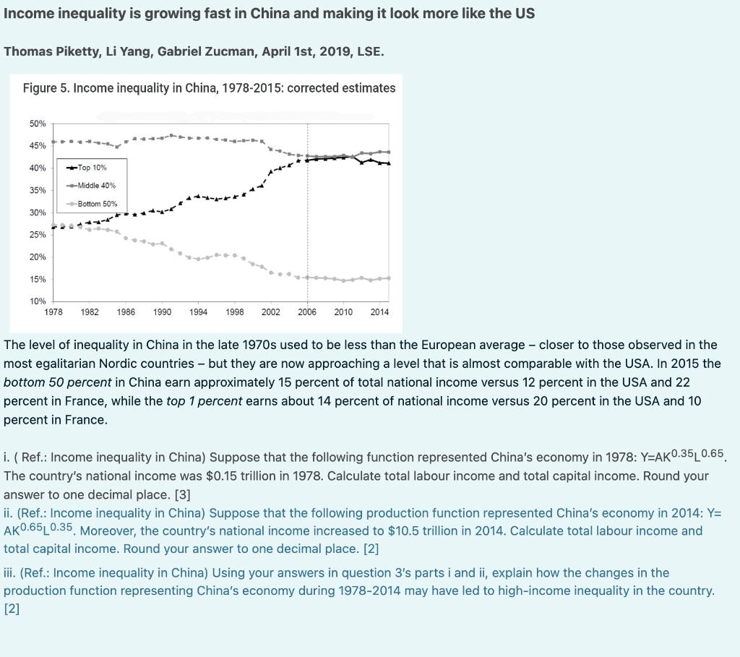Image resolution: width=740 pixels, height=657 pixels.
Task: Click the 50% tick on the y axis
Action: click(37, 124)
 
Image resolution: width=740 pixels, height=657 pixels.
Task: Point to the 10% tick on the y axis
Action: click(37, 301)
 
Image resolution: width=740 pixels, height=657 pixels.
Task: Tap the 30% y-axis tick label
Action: click(37, 212)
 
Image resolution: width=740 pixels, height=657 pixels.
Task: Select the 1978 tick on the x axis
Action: click(53, 312)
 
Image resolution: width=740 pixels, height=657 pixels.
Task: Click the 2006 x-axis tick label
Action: click(307, 312)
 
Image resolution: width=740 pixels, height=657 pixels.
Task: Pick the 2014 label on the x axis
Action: click(379, 312)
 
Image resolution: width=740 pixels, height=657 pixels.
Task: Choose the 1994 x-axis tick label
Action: click(198, 312)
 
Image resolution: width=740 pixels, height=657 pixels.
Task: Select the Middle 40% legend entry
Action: click(96, 186)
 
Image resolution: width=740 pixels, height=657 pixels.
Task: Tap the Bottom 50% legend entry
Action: click(97, 204)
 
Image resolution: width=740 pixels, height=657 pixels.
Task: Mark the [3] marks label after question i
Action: click(183, 495)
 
